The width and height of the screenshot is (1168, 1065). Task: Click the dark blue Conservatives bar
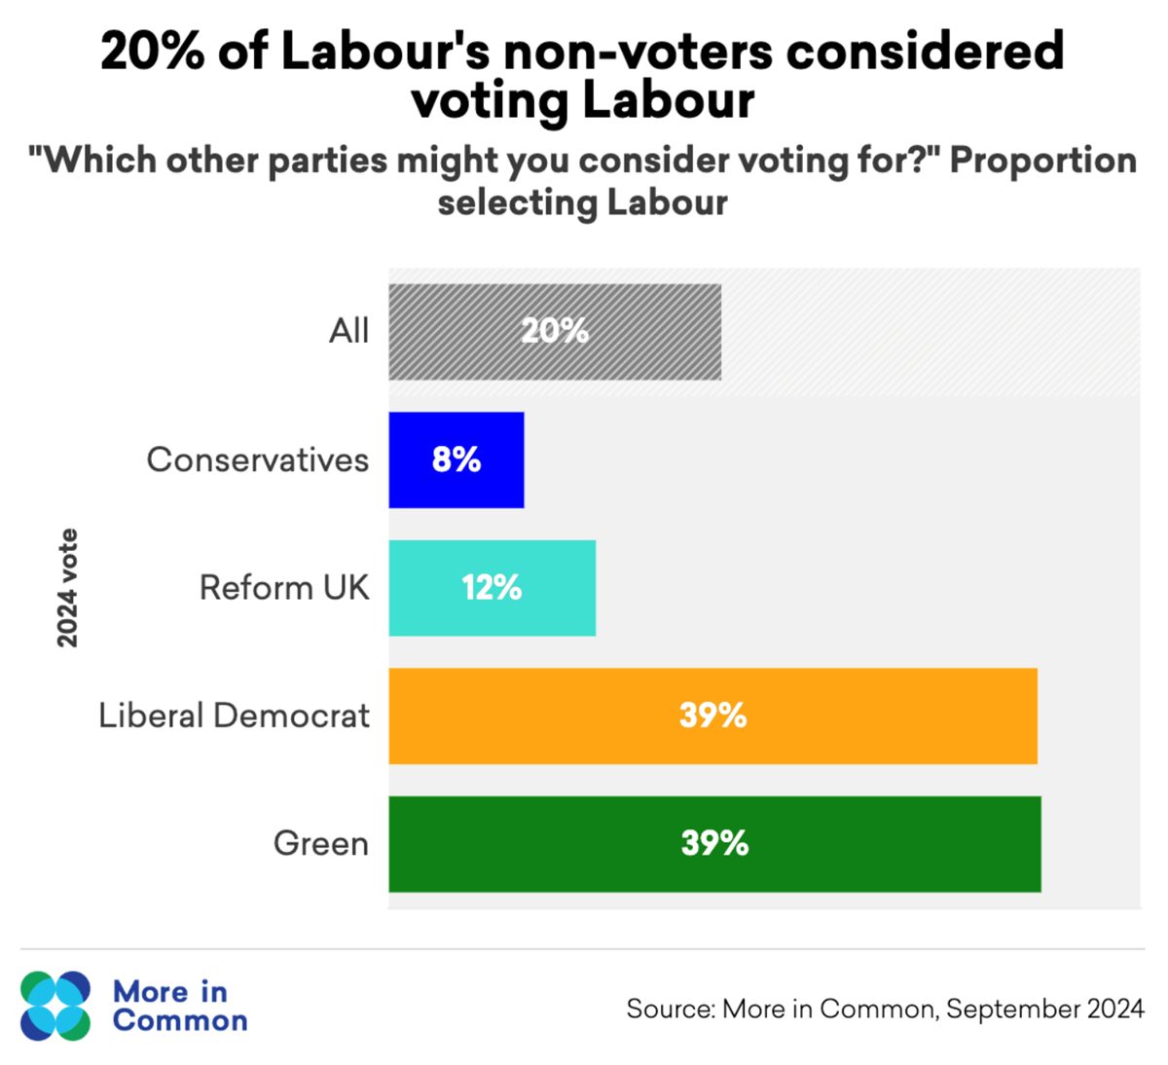(456, 459)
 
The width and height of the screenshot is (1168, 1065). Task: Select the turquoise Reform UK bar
(492, 588)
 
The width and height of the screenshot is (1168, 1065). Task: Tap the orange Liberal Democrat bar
(713, 716)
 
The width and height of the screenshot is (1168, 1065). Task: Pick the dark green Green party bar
(715, 844)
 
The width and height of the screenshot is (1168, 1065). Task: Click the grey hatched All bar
(555, 332)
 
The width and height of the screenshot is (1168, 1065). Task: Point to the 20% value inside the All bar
(555, 331)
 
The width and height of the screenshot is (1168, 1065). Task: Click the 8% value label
(456, 459)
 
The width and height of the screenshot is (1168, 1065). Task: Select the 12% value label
(492, 587)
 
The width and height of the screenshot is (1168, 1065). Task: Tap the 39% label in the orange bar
(713, 715)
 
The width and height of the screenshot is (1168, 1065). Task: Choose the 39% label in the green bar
(715, 842)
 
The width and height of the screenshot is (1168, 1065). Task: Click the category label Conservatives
(257, 459)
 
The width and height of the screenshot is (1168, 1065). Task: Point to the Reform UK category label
(284, 587)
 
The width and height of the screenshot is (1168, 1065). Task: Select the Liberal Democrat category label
(234, 716)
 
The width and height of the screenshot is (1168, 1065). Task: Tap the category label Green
(321, 844)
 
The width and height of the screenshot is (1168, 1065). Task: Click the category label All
(348, 332)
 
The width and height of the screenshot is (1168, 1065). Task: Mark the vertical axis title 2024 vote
(67, 588)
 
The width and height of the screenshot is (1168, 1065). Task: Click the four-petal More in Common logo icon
(55, 1006)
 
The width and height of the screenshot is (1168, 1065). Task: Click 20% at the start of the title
(153, 52)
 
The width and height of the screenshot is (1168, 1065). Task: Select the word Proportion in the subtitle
(1043, 161)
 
